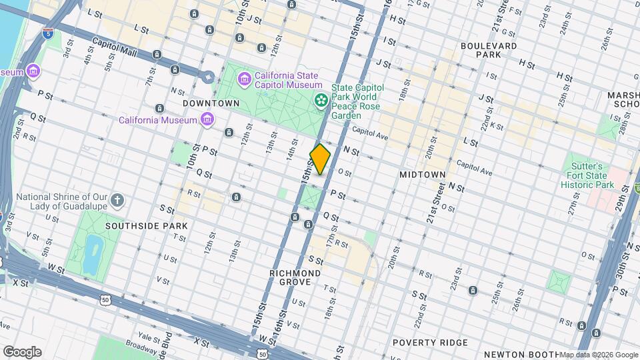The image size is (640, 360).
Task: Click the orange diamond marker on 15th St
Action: [321, 159]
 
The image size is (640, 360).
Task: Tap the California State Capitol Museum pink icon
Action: [245, 80]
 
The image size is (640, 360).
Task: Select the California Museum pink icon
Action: [208, 120]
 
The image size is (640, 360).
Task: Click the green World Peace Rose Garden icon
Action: [321, 100]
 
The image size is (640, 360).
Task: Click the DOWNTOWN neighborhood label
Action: [211, 103]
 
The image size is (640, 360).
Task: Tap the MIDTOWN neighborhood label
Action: [422, 174]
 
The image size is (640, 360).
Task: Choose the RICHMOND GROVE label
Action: [295, 277]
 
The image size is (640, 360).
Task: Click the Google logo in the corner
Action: [22, 352]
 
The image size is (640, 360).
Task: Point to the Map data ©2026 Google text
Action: [599, 355]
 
